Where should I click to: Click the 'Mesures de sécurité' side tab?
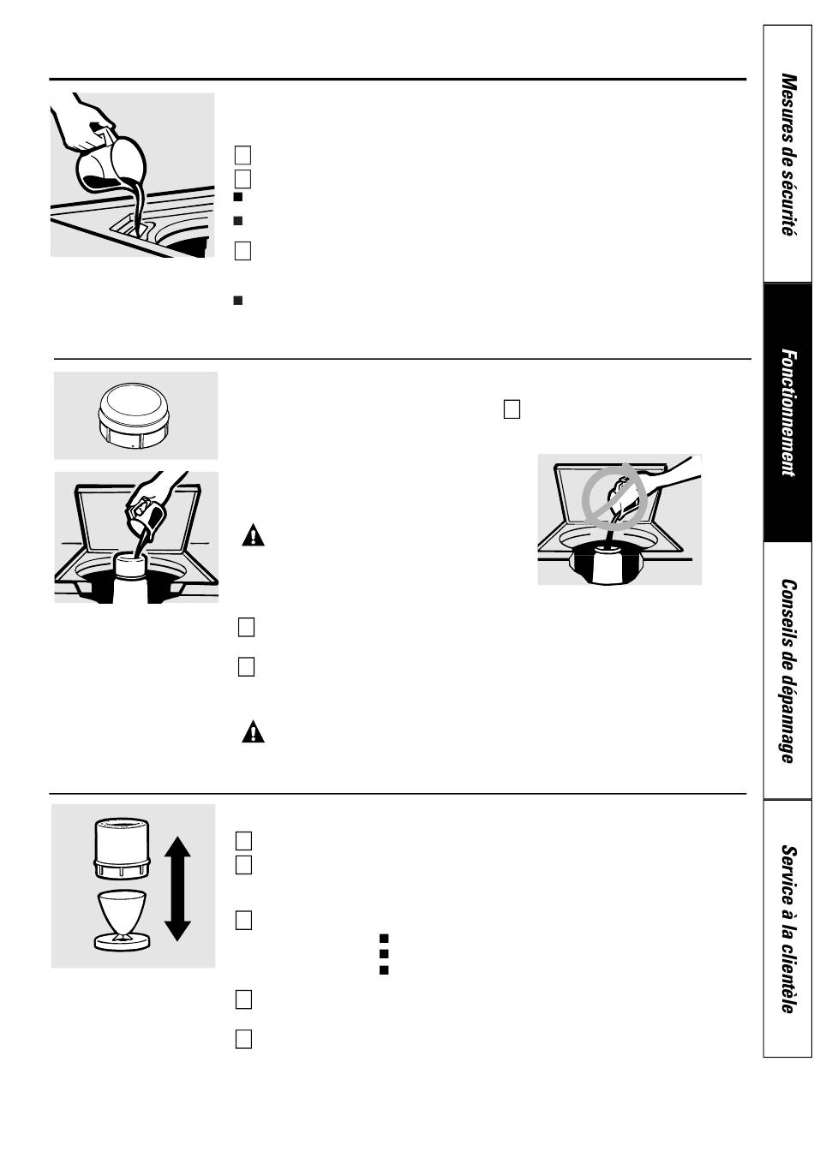(x=787, y=154)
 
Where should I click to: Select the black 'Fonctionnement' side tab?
(x=787, y=413)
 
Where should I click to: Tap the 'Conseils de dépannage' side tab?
(x=787, y=671)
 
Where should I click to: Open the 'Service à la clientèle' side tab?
(x=787, y=928)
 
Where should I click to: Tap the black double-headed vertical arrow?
(x=177, y=889)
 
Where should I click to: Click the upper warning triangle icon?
(x=253, y=536)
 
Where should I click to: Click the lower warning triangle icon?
(x=253, y=731)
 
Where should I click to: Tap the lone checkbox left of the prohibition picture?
(x=512, y=409)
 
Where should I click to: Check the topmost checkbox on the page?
(x=242, y=155)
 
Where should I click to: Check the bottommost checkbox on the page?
(x=243, y=1039)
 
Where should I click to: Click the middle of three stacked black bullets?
(x=384, y=953)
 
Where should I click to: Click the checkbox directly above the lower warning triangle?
(x=246, y=666)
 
